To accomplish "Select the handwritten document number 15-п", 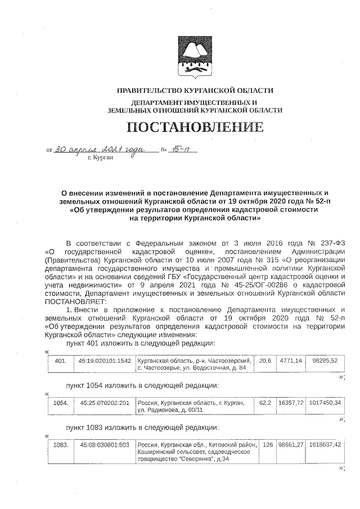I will (183, 149).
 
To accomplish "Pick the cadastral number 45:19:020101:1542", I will (105, 361).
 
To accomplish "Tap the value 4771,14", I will (291, 361).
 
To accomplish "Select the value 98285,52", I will (325, 361).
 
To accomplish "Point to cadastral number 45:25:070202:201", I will (105, 403).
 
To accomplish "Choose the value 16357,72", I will (291, 403).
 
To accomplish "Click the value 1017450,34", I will (325, 403).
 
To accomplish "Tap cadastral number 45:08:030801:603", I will (105, 445).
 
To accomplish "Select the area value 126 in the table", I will (268, 445).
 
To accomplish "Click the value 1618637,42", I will (325, 445).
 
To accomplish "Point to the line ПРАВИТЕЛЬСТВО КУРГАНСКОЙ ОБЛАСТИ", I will (195, 91).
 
